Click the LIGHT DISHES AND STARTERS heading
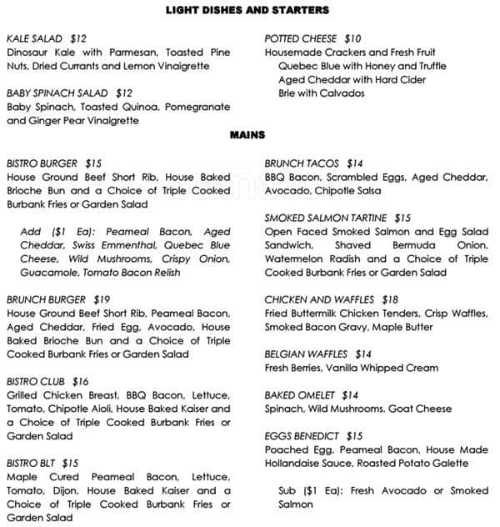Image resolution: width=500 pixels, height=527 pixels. pos(247,10)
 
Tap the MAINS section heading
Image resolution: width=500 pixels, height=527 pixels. pos(247,134)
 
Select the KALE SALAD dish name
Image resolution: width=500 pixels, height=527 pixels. pos(35,38)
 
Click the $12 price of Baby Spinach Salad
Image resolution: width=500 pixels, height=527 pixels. pos(124,93)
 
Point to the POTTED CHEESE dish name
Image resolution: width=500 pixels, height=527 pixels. pos(301,38)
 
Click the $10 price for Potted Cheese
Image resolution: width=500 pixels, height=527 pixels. pos(353,38)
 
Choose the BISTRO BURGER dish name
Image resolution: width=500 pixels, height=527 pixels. pos(42,163)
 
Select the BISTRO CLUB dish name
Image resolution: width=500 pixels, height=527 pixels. pos(36,381)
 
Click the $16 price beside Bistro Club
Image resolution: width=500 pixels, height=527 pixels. pos(80,381)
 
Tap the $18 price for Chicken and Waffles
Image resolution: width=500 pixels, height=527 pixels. pos(390,299)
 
